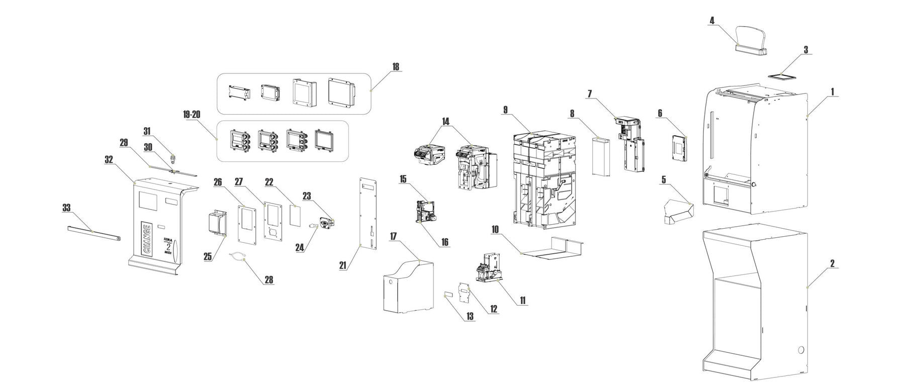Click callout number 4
point(712,21)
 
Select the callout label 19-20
point(192,115)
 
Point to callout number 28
point(269,280)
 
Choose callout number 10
point(495,229)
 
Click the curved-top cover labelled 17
point(407,286)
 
